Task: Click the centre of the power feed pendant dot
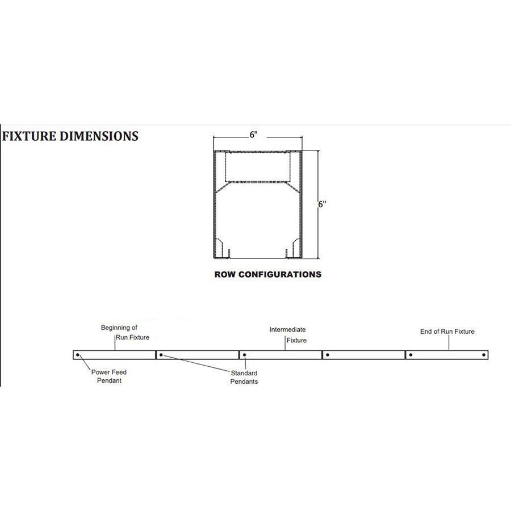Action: tap(78, 355)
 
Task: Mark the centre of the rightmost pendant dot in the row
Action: tap(484, 355)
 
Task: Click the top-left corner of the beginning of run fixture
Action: tap(73, 351)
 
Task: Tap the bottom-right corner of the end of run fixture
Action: tap(488, 359)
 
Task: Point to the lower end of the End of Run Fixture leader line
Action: tap(449, 350)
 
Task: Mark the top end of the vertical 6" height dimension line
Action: tap(318, 150)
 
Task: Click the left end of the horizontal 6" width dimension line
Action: tap(213, 137)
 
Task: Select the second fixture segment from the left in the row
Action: tap(198, 355)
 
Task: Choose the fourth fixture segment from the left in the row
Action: tap(364, 355)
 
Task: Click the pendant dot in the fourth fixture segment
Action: tap(328, 355)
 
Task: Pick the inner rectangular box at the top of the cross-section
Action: tap(257, 166)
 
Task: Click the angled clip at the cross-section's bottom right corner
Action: tap(296, 248)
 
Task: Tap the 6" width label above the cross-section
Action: tap(254, 134)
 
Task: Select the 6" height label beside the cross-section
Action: tap(322, 204)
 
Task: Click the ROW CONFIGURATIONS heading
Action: tap(268, 274)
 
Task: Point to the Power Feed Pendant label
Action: tap(109, 376)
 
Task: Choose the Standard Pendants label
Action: tap(244, 377)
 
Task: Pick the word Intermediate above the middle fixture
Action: tap(287, 329)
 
